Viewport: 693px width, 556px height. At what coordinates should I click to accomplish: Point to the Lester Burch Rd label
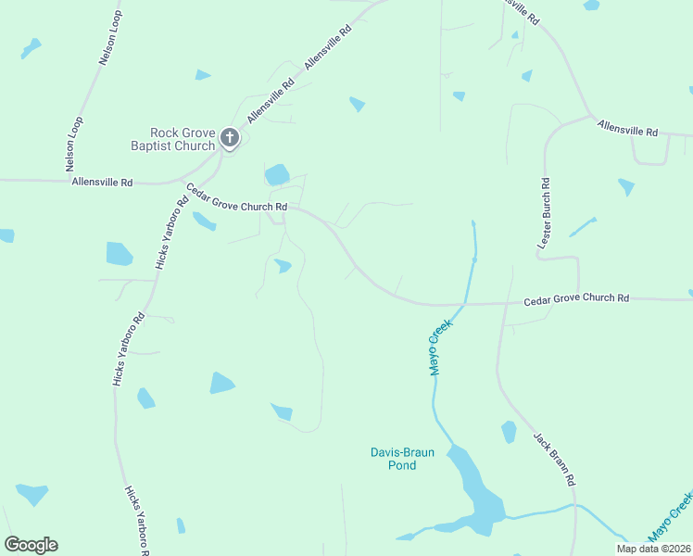point(545,213)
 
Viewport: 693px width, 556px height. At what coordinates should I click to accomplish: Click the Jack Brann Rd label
point(555,460)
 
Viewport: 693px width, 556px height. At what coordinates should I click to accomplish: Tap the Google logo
point(31,545)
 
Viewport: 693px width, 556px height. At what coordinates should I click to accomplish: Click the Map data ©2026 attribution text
point(652,549)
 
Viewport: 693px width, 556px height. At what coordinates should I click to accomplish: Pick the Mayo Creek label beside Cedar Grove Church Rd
point(439,347)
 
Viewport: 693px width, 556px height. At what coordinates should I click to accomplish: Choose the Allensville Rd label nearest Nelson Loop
point(102,183)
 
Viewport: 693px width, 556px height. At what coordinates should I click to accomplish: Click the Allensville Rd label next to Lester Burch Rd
point(627,128)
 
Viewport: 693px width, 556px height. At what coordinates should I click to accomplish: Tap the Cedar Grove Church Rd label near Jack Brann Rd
point(576,299)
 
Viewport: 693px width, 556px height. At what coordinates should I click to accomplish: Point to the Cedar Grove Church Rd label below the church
point(236,197)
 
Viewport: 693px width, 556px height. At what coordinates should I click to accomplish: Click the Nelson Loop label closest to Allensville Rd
point(75,145)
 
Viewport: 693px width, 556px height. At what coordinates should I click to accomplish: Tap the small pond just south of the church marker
point(277,174)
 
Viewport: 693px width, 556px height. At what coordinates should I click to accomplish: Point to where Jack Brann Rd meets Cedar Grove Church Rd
point(504,302)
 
